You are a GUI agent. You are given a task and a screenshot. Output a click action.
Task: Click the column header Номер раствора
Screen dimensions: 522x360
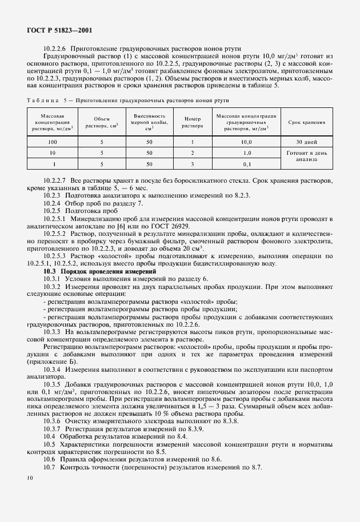click(x=192, y=123)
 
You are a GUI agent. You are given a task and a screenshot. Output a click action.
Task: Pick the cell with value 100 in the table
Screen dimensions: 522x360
click(x=53, y=141)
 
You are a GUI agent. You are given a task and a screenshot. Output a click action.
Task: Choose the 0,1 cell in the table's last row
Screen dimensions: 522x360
click(x=247, y=164)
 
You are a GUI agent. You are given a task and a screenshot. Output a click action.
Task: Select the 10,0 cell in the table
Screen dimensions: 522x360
click(x=247, y=141)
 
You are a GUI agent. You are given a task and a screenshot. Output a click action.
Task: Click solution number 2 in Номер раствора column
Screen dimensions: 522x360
click(x=192, y=153)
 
